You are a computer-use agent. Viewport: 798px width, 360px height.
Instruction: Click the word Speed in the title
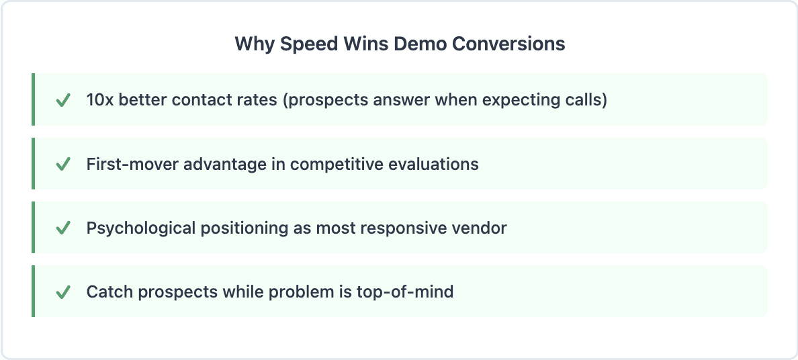tap(306, 44)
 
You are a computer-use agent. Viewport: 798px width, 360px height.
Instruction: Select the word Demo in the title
tap(419, 44)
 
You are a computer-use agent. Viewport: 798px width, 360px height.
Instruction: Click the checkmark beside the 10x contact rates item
tap(63, 100)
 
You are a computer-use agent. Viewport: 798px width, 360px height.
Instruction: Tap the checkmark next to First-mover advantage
tap(63, 164)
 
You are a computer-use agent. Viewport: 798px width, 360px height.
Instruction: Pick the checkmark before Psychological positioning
tap(63, 228)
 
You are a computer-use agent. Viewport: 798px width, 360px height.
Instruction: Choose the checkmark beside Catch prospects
tap(63, 291)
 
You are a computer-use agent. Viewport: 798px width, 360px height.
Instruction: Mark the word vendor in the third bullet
tap(482, 228)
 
